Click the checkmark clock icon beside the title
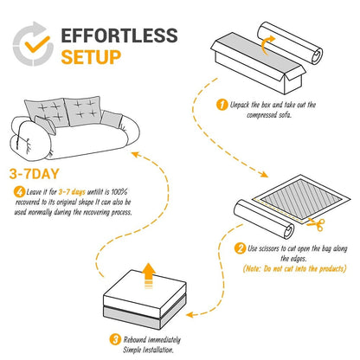click(x=31, y=48)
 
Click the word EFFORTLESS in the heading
click(x=119, y=37)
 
